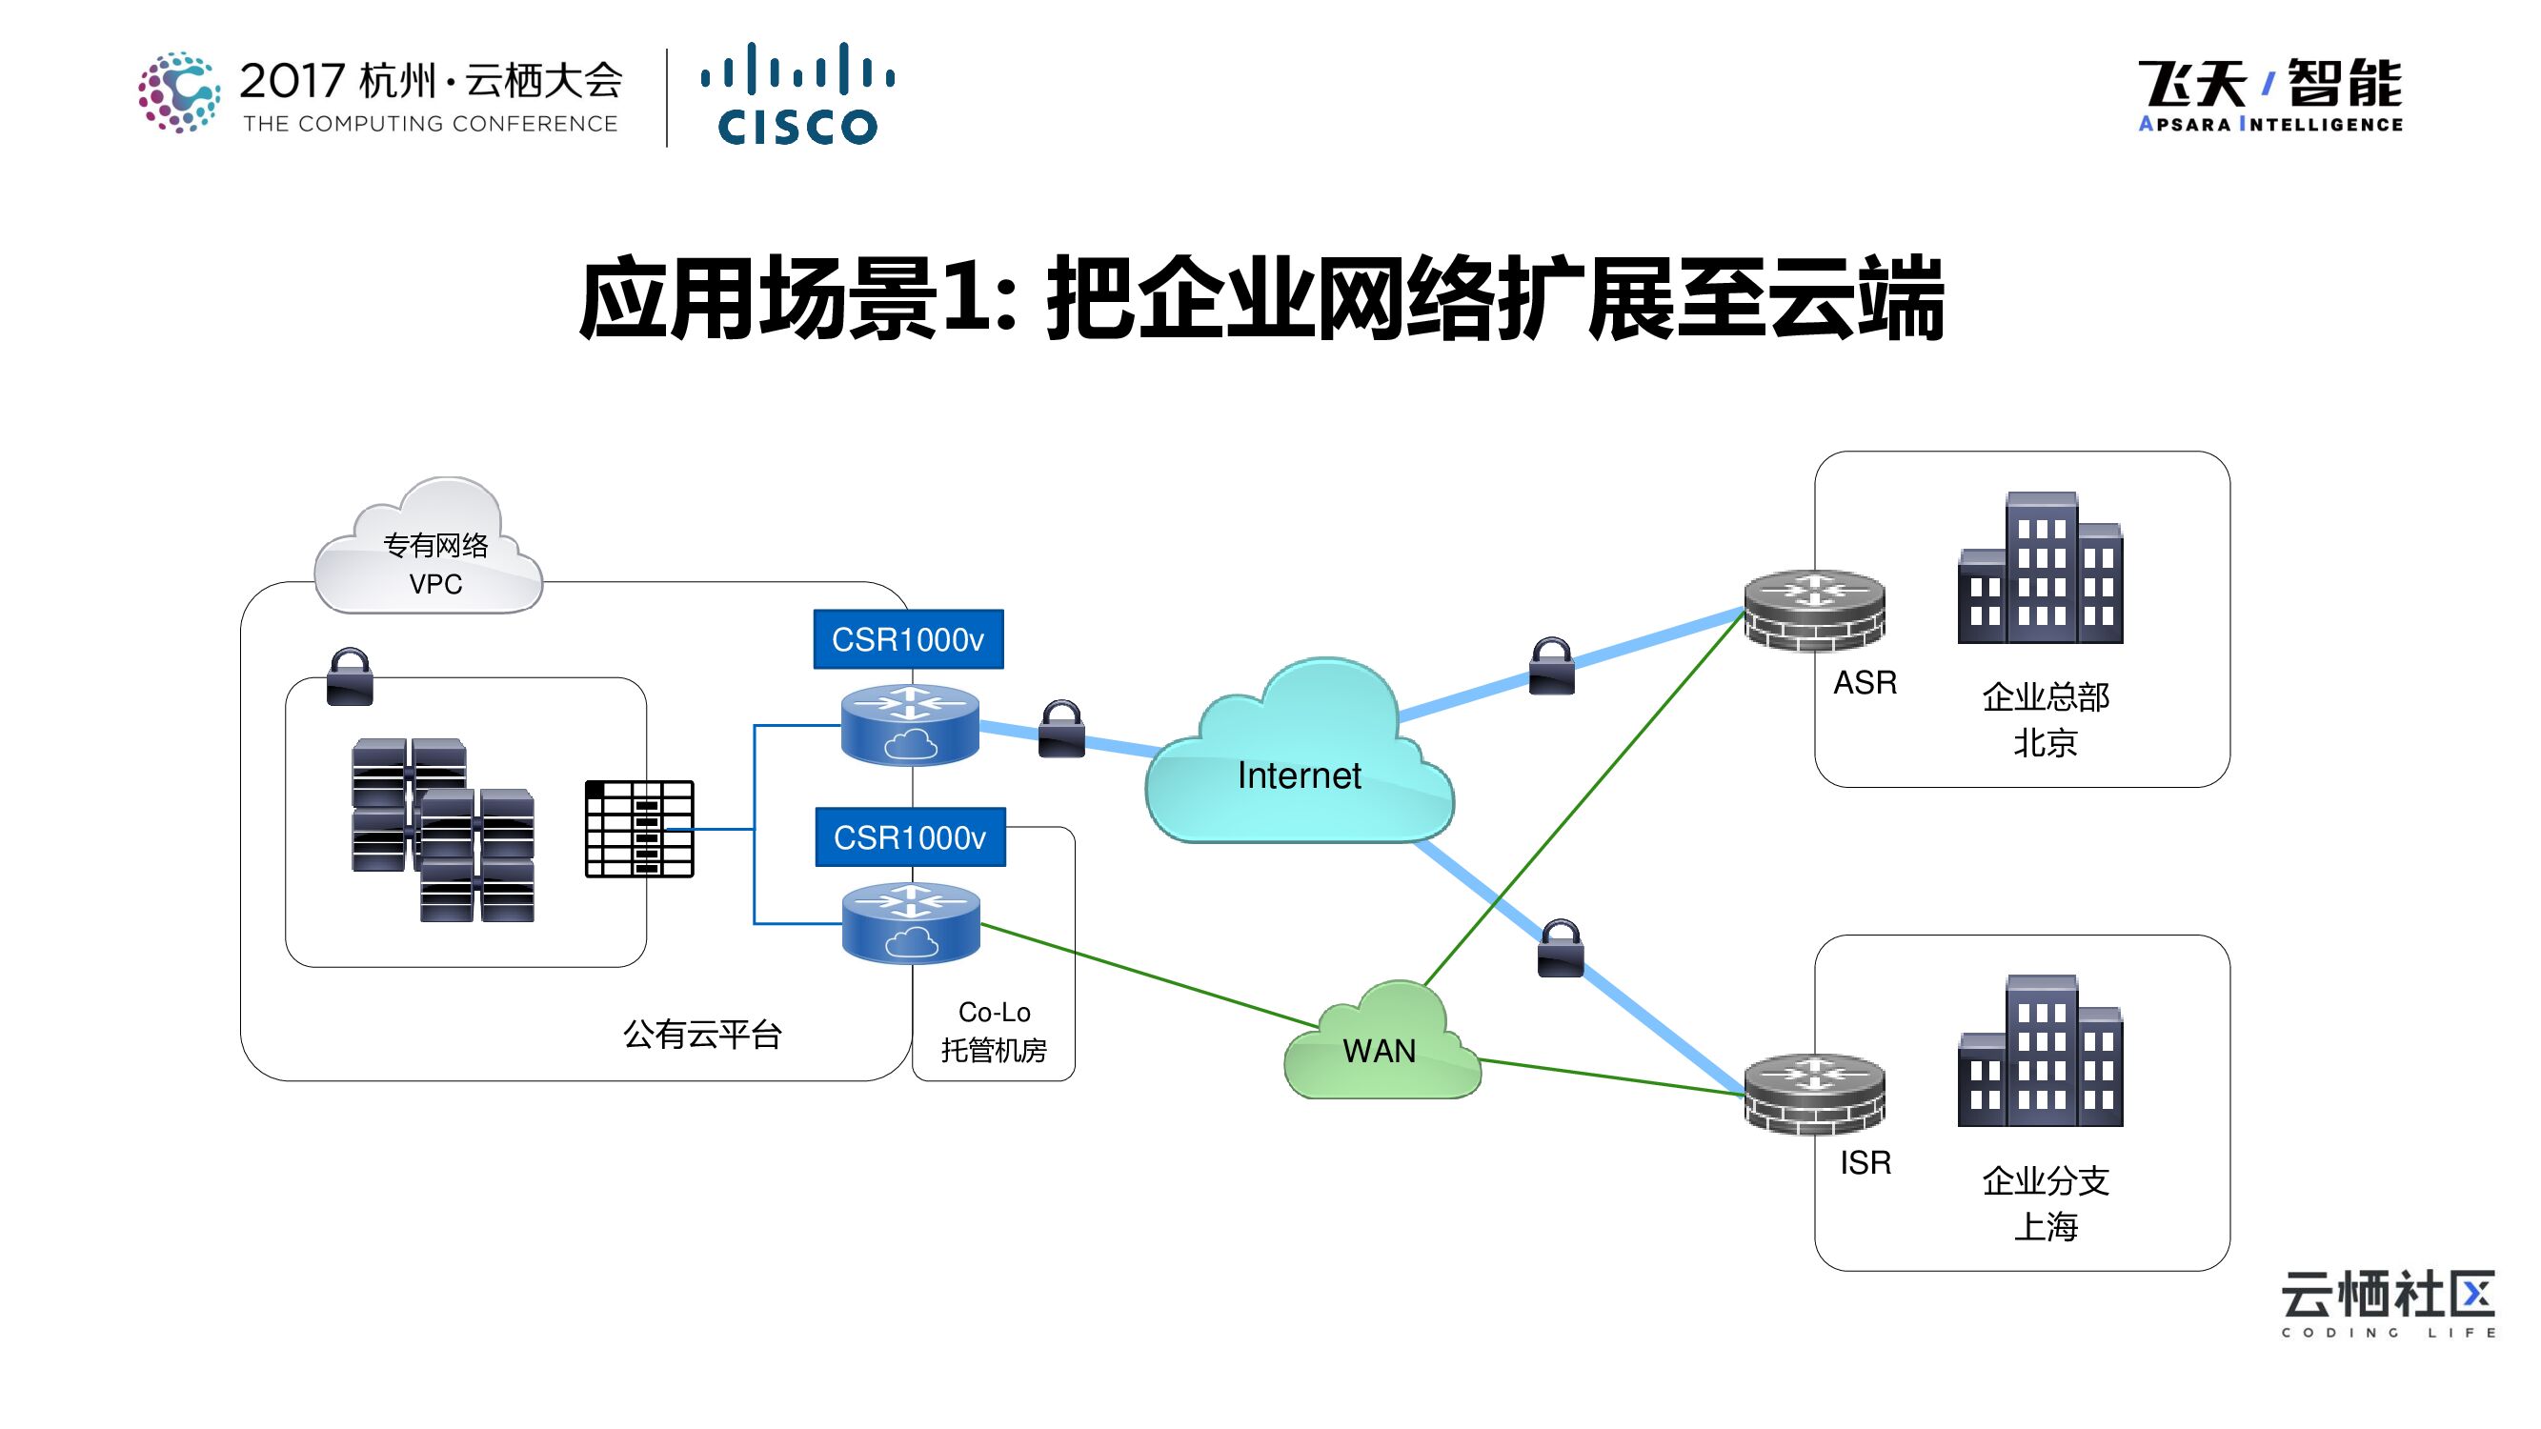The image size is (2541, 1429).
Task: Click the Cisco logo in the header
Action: click(797, 94)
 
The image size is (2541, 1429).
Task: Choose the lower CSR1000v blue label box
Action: click(910, 837)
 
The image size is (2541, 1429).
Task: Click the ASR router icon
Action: click(1814, 611)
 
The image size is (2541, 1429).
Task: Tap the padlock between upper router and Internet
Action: click(1061, 730)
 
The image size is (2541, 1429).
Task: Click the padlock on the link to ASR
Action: click(1551, 667)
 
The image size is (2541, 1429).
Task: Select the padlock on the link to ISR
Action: click(1561, 950)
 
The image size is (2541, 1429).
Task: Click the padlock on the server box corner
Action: click(350, 677)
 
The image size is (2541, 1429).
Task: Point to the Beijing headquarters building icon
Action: click(2040, 569)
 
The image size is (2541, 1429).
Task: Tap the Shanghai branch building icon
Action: click(2040, 1053)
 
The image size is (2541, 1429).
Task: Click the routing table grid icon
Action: click(639, 829)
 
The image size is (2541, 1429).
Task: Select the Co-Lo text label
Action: click(995, 1013)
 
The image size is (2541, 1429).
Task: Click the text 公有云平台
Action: click(702, 1035)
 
